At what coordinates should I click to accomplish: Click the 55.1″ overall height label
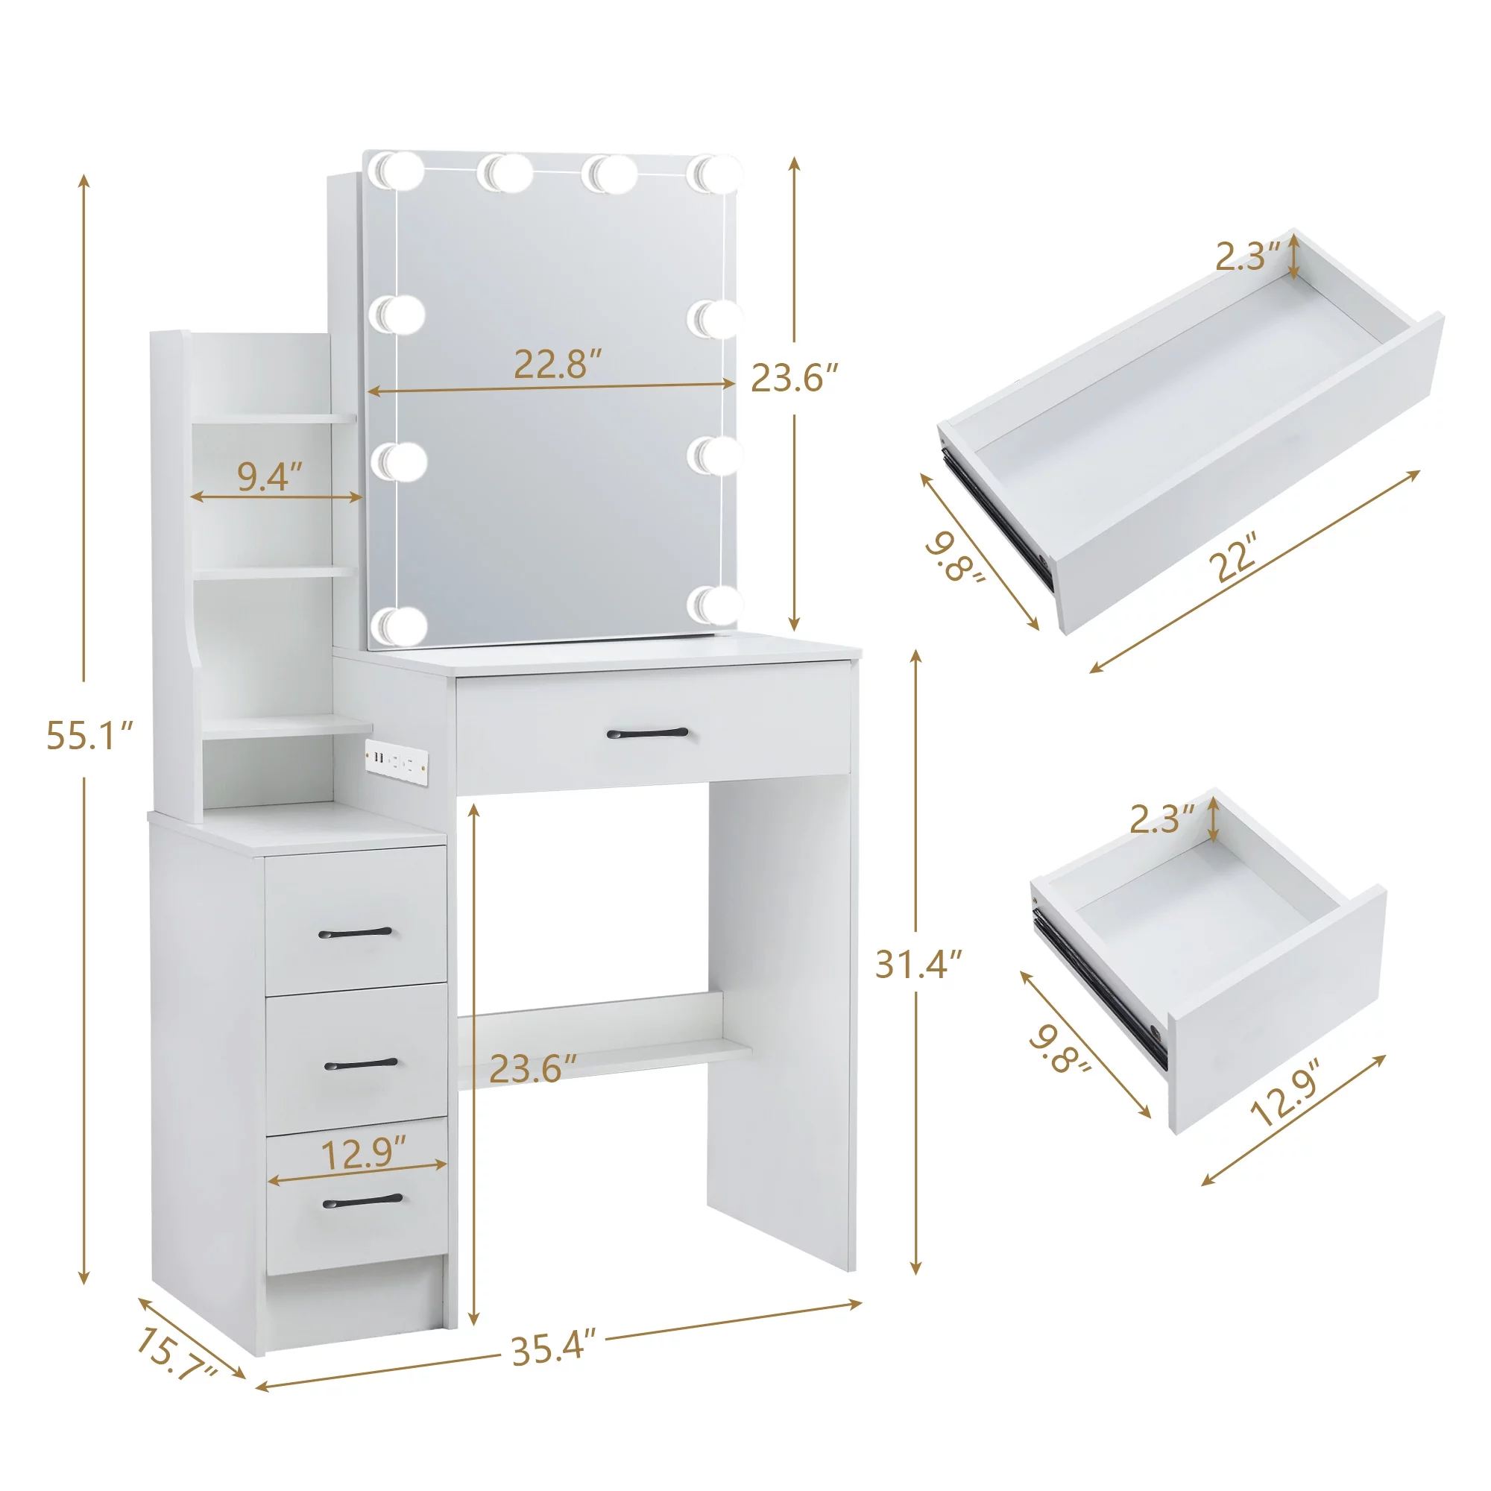tap(90, 736)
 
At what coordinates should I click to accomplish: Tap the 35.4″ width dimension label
tap(554, 1348)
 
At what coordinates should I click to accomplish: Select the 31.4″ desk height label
tap(918, 964)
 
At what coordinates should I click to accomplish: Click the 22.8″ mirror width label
tap(557, 365)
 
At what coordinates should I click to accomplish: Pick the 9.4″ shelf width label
tap(269, 476)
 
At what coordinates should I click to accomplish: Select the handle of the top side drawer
tap(355, 933)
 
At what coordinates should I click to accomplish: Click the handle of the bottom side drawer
tap(362, 1202)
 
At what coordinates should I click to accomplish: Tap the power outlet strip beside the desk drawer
tap(397, 763)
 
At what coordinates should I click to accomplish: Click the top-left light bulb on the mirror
tap(397, 171)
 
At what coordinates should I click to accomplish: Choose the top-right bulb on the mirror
tap(714, 173)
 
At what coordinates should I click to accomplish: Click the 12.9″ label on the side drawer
tap(363, 1155)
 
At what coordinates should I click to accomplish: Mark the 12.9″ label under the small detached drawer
tap(1286, 1101)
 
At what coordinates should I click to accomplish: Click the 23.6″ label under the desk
tap(532, 1068)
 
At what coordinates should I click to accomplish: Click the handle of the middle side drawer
tap(360, 1065)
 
